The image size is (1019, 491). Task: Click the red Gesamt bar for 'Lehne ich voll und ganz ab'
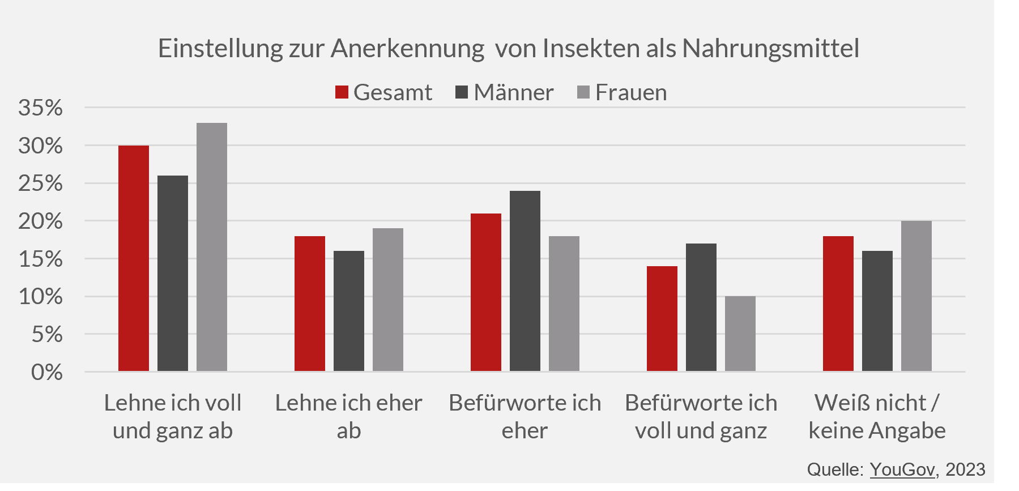coord(134,258)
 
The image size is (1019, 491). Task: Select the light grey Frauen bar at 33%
coord(212,247)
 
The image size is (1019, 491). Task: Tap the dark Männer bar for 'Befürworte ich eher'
coord(525,281)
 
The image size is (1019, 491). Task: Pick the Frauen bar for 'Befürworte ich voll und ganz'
coord(740,334)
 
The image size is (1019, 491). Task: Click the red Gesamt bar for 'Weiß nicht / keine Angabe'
coord(838,304)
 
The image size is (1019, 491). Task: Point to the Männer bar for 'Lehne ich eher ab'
coord(349,311)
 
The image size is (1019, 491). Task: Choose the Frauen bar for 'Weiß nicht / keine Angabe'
coord(916,296)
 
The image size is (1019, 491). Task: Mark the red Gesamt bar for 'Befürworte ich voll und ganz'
coord(662,319)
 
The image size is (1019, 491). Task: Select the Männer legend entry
coord(505,92)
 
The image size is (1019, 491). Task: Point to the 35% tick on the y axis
coord(41,108)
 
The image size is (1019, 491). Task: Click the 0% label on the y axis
coord(47,372)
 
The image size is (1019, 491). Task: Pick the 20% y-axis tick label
coord(41,221)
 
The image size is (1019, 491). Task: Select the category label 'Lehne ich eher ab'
coord(349,416)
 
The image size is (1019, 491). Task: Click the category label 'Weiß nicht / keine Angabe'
coord(877,416)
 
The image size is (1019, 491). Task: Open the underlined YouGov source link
coord(902,469)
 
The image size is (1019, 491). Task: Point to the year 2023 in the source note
coord(965,469)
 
